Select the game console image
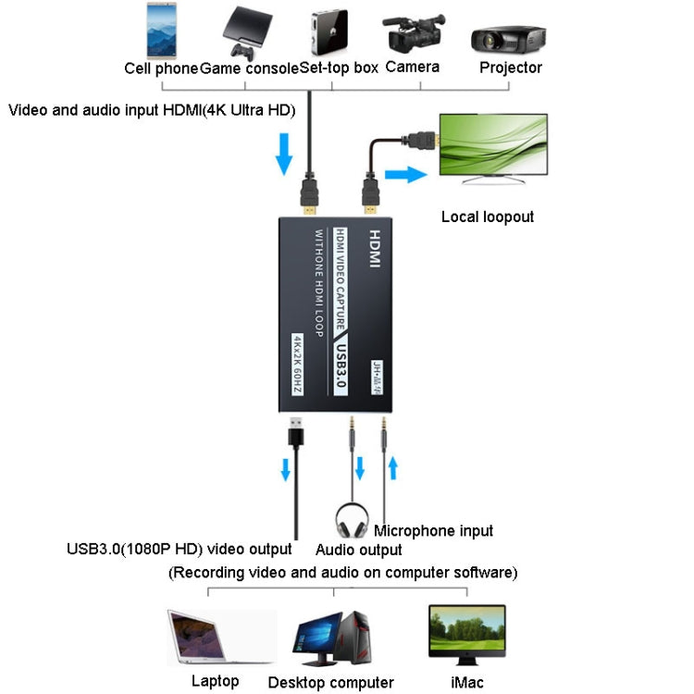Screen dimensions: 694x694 click(246, 34)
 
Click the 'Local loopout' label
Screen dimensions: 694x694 click(488, 217)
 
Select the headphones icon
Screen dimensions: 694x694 click(353, 521)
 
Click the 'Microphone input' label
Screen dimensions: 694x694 click(433, 530)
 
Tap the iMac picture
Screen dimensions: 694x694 click(466, 634)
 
